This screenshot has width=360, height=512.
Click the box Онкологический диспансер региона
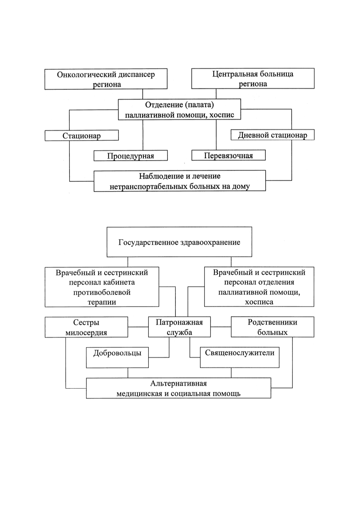pos(106,79)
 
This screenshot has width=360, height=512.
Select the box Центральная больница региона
pos(253,79)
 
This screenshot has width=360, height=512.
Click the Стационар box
pos(82,136)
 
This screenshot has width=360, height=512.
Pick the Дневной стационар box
pos(272,135)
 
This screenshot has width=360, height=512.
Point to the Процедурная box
pos(131,156)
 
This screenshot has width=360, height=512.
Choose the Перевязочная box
pos(228,155)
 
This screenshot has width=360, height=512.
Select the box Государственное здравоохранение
pos(179,242)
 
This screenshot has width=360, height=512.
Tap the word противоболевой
pos(102,292)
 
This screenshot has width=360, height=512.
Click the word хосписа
pos(259,302)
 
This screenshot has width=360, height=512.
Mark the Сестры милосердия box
pos(86,327)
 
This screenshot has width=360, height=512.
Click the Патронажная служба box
pos(179,327)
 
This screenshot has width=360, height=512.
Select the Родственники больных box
pos(272,327)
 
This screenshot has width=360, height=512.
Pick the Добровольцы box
pos(117,358)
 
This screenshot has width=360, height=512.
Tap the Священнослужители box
pos(240,357)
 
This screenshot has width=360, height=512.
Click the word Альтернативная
pos(178,383)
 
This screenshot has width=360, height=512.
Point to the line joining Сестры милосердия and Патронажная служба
pos(138,327)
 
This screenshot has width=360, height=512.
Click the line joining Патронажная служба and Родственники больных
pos(221,327)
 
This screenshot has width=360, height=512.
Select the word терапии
pos(102,302)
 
